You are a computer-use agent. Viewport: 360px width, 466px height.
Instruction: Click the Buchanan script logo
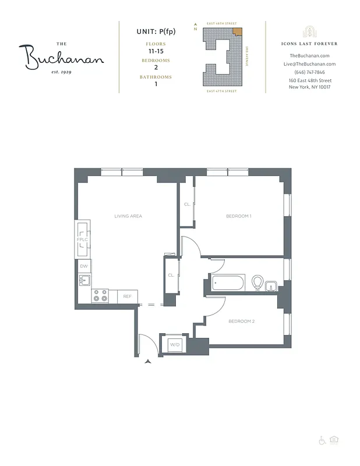click(x=64, y=56)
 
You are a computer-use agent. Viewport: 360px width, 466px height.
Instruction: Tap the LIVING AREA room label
click(x=128, y=216)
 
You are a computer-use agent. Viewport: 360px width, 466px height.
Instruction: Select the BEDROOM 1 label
click(x=239, y=216)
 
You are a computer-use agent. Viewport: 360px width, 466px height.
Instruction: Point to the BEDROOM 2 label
click(x=241, y=322)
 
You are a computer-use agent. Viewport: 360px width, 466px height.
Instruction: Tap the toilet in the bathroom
click(x=256, y=283)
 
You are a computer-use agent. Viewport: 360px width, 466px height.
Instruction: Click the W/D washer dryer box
click(x=174, y=345)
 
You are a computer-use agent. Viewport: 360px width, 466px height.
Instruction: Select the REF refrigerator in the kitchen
click(x=127, y=296)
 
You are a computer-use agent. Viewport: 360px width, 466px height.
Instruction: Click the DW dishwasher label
click(x=84, y=266)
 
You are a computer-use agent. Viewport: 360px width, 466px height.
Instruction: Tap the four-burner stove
click(x=100, y=296)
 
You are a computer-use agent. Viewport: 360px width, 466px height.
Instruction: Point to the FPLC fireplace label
click(x=82, y=239)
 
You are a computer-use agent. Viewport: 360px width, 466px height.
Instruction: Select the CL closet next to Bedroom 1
click(x=187, y=204)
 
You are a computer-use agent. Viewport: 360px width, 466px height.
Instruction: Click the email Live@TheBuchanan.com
click(x=309, y=64)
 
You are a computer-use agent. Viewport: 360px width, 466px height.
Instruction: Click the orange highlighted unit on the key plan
click(x=236, y=32)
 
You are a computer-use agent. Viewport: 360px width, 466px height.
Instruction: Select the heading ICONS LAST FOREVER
click(x=309, y=44)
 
